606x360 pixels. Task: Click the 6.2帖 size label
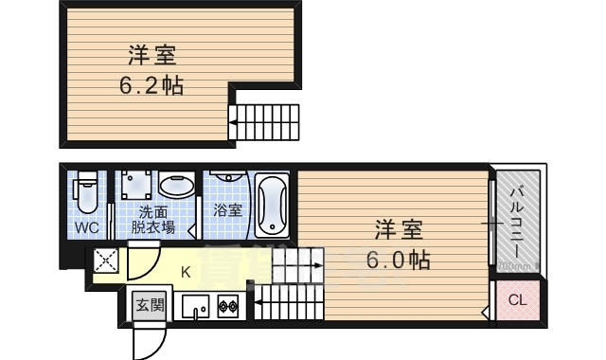pyautogui.click(x=151, y=86)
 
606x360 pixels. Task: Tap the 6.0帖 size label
pyautogui.click(x=397, y=258)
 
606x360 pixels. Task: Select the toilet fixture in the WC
pyautogui.click(x=86, y=195)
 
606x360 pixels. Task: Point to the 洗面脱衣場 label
pyautogui.click(x=152, y=220)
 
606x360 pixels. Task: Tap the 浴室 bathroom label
pyautogui.click(x=227, y=208)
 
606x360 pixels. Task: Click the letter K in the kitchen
pyautogui.click(x=186, y=273)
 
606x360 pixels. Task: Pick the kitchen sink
pyautogui.click(x=196, y=307)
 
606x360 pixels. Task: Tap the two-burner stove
pyautogui.click(x=228, y=307)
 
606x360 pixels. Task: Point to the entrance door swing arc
pyautogui.click(x=147, y=341)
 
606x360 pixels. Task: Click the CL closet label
pyautogui.click(x=516, y=300)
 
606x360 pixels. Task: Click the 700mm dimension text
pyautogui.click(x=515, y=268)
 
